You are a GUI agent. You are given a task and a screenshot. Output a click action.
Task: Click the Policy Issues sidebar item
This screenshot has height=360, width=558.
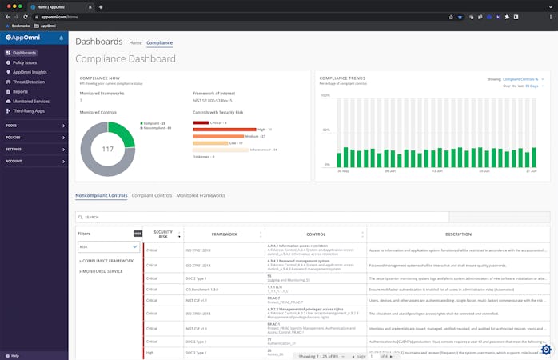[x=25, y=62]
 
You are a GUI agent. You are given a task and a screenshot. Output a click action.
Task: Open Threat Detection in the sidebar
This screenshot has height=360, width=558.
[x=29, y=82]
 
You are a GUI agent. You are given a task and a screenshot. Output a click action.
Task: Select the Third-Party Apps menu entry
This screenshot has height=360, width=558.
[x=30, y=110]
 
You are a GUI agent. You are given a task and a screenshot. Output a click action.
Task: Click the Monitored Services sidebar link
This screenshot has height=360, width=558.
[x=30, y=101]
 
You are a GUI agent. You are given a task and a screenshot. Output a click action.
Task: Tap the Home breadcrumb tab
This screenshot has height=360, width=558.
[x=135, y=42]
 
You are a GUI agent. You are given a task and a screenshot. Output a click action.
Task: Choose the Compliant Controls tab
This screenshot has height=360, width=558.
[x=151, y=195]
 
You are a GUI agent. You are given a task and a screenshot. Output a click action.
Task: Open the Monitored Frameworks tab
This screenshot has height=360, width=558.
[x=201, y=195]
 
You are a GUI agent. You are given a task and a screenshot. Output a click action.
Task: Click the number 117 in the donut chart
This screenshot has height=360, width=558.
[x=108, y=149]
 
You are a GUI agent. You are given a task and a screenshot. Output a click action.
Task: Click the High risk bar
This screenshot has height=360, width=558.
[x=219, y=130]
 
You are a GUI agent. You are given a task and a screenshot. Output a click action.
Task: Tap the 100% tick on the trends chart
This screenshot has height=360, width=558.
[x=325, y=95]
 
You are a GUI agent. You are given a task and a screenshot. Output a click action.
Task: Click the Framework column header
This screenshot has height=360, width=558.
[x=225, y=234]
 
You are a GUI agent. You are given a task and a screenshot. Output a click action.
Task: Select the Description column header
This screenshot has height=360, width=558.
[x=458, y=234]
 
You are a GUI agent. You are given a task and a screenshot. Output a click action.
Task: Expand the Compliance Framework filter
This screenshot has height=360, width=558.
[x=108, y=261]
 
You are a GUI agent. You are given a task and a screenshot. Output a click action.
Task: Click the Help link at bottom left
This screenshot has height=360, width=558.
[x=14, y=355]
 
